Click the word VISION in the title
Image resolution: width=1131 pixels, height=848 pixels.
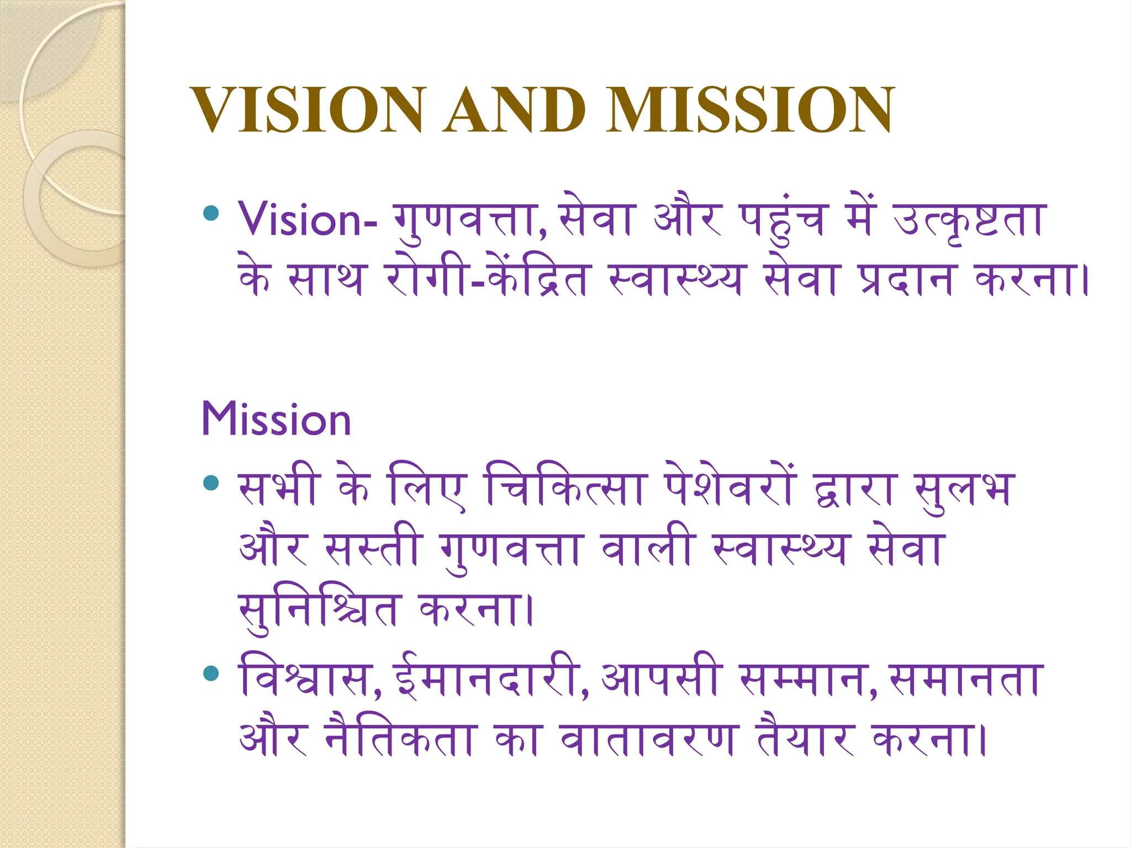pyautogui.click(x=308, y=110)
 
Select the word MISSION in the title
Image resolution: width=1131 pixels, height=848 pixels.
pyautogui.click(x=749, y=110)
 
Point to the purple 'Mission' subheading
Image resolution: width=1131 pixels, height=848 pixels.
pyautogui.click(x=276, y=420)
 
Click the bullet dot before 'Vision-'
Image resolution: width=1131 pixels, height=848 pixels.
pyautogui.click(x=211, y=213)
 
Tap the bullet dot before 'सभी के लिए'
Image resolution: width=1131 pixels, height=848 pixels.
pyautogui.click(x=211, y=484)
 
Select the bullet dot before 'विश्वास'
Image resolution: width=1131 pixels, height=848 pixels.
pyautogui.click(x=211, y=673)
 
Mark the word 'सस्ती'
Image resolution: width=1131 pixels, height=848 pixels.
pyautogui.click(x=373, y=549)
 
